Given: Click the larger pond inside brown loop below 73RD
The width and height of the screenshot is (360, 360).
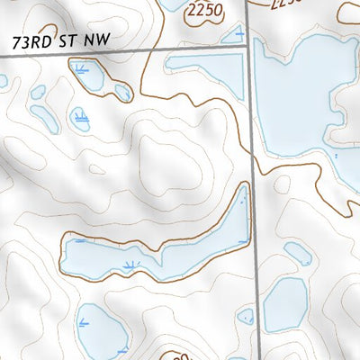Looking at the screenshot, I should [90, 76].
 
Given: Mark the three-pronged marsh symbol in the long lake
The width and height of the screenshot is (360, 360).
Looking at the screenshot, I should [132, 265].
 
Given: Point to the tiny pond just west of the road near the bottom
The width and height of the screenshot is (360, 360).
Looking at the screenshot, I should [244, 316].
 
